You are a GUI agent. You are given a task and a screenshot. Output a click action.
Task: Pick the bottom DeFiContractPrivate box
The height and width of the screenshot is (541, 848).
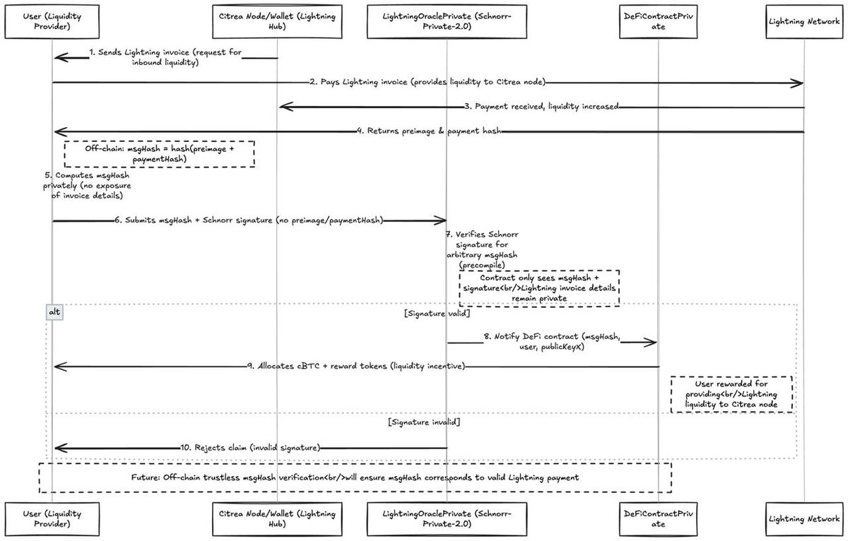click(657, 519)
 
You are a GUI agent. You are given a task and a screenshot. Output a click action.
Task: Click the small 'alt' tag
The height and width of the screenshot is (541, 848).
click(54, 311)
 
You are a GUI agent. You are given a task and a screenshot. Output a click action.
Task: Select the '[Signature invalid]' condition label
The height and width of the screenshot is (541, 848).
click(425, 421)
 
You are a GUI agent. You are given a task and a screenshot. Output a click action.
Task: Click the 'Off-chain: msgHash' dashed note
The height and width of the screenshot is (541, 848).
click(159, 154)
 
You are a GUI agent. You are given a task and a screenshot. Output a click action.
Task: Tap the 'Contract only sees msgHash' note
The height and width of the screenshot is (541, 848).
click(539, 287)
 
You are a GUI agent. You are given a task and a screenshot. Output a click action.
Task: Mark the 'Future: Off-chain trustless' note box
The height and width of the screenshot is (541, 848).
click(353, 477)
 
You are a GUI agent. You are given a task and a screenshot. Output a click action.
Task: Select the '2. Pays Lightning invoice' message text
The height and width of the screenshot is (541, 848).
click(428, 83)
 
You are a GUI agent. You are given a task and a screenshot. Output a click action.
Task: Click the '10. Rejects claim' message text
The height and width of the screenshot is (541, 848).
click(250, 447)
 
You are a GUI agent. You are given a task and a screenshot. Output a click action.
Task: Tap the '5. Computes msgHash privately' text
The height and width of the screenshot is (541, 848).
click(83, 185)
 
